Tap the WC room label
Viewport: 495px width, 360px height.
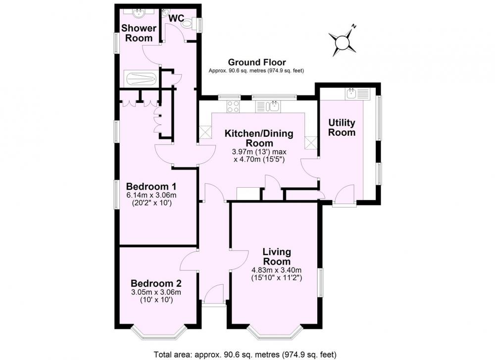click(176, 18)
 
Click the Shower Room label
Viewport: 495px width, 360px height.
click(139, 33)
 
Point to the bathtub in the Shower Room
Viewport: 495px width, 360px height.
click(141, 78)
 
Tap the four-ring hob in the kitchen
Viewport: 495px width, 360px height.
click(233, 106)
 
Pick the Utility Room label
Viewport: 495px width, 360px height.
click(342, 127)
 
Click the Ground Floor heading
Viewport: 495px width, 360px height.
click(256, 62)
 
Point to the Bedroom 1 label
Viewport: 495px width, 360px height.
click(151, 186)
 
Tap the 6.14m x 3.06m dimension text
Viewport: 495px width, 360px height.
click(151, 195)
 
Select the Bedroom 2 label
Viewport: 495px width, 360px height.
click(156, 283)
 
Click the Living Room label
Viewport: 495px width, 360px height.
click(277, 257)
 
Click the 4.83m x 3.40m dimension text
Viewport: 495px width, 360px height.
click(276, 270)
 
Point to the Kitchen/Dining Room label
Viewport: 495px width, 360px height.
click(259, 138)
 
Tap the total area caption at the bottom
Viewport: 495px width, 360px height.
click(245, 354)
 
